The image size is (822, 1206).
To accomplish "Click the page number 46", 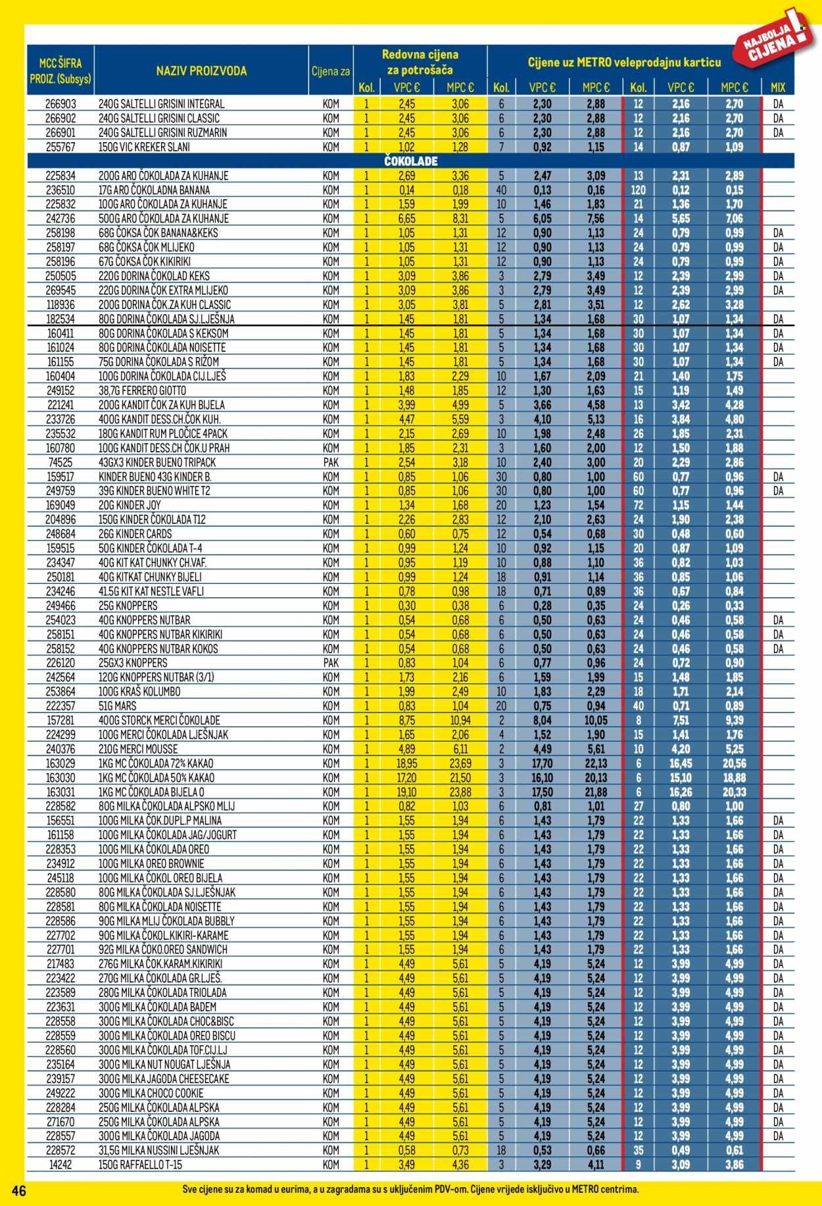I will (18, 1191).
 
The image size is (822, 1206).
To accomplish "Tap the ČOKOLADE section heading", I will (410, 162).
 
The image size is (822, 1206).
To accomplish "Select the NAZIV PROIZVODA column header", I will (201, 71).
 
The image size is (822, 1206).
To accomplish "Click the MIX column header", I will (778, 87).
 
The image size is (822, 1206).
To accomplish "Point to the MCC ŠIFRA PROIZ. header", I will (60, 71).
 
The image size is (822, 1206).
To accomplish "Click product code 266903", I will (60, 104).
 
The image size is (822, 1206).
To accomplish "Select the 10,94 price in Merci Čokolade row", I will (460, 721).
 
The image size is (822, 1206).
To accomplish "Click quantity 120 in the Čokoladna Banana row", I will (637, 191).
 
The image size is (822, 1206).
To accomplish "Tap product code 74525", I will (60, 462).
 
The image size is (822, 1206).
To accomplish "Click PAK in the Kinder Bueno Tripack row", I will (331, 462).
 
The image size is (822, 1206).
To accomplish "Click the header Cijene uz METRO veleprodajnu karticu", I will (624, 63).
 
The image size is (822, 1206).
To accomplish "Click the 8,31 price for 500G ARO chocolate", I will (460, 219).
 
